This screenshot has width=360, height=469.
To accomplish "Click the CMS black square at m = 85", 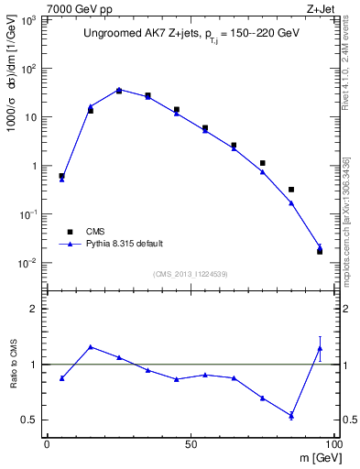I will (x=291, y=190).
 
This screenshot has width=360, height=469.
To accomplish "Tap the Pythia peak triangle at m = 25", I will (x=119, y=90).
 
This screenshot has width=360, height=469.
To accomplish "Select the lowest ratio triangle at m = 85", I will (x=291, y=416).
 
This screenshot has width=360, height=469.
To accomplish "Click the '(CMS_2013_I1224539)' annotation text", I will (x=190, y=273).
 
